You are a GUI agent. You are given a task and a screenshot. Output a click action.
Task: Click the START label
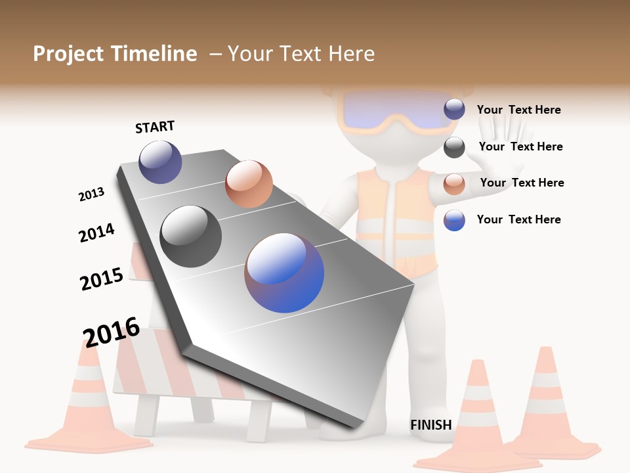pos(155,127)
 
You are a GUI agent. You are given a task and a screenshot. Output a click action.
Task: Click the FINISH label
pos(430,425)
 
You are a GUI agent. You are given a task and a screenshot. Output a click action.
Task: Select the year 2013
pos(91,194)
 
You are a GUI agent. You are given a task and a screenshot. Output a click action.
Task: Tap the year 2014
pos(96,233)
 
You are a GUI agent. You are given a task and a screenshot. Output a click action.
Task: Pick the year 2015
pos(102,279)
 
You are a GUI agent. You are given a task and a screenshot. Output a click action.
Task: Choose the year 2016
pos(112,332)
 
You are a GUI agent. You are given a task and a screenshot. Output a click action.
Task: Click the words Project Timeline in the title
pos(115,54)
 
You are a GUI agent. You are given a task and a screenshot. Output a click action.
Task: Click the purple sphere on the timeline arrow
pos(160,162)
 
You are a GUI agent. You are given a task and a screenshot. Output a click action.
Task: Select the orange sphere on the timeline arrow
pos(249,183)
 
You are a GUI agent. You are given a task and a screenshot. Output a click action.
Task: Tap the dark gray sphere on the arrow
pos(190,236)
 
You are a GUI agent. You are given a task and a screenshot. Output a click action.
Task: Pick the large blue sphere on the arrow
pos(284,273)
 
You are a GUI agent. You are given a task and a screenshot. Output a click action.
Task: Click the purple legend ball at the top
pos(454,110)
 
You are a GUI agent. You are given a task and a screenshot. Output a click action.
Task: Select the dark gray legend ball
pos(454,147)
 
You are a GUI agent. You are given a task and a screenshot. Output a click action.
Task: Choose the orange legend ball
pos(454,183)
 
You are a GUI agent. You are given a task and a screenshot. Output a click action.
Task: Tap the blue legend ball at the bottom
pos(454,220)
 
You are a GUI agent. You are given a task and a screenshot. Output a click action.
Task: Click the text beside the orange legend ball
pos(522,183)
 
